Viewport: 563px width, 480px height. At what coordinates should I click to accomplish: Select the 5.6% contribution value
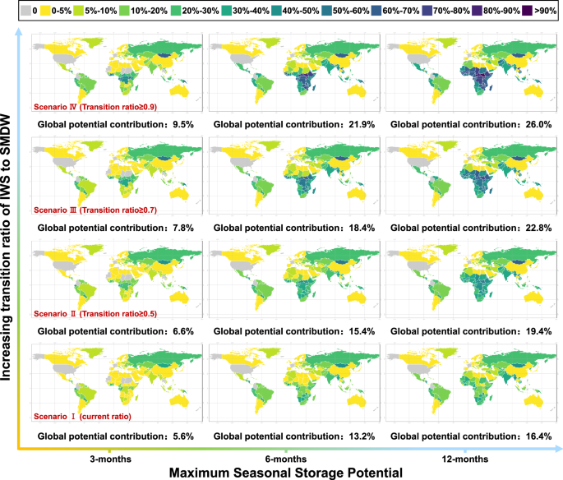(x=182, y=436)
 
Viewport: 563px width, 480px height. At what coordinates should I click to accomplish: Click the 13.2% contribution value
(x=360, y=436)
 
